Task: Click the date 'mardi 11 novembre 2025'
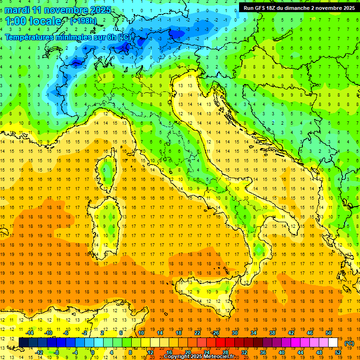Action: point(58,10)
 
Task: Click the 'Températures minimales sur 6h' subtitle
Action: point(67,37)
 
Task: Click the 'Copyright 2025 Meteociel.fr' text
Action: point(202,356)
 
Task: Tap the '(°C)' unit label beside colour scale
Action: point(349,343)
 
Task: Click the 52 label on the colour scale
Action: point(338,352)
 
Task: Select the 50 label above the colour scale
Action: point(329,333)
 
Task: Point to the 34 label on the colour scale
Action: point(254,333)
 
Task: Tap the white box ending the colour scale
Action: point(333,342)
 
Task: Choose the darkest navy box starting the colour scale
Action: point(23,342)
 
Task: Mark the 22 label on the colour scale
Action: point(197,333)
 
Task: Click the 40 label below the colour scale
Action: point(282,352)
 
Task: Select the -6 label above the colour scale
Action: point(66,333)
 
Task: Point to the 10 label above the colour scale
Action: point(141,333)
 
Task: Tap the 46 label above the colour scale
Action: point(310,333)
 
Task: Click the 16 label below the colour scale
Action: point(169,352)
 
